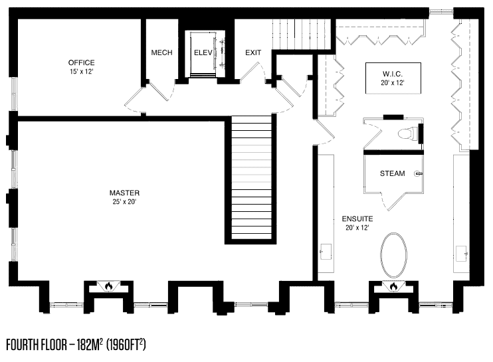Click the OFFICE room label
[82, 62]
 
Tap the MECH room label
[161, 52]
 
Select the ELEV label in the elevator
[203, 52]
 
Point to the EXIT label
[253, 52]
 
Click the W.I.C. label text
[393, 74]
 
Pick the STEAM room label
[393, 173]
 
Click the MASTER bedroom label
[124, 193]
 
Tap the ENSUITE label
[357, 219]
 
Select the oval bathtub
[393, 255]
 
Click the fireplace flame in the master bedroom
[109, 286]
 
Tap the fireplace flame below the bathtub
[393, 286]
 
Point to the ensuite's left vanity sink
[326, 251]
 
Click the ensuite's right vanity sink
[461, 253]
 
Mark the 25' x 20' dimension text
[124, 202]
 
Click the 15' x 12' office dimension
[82, 72]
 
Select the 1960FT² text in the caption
[126, 345]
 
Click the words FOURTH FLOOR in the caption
[37, 345]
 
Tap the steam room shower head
[419, 173]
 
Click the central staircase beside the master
[251, 178]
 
